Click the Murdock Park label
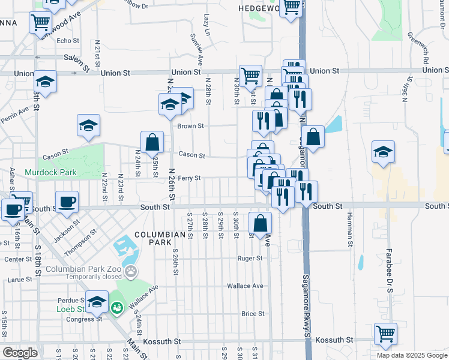point(43,172)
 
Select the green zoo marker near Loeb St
point(116,308)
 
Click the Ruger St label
point(250,259)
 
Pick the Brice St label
point(253,314)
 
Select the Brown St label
point(191,127)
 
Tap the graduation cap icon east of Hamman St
point(382,152)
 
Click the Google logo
point(20,353)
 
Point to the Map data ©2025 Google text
point(411,355)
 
